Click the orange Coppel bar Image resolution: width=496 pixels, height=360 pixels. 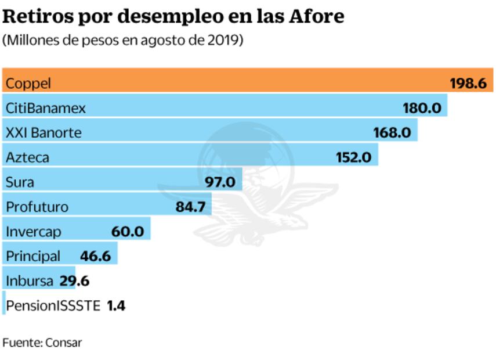coord(232,81)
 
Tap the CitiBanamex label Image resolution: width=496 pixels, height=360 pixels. coord(45,108)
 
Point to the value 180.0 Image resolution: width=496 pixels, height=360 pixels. coord(422,108)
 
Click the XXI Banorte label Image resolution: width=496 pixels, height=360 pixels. coord(44,133)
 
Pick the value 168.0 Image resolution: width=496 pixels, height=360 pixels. coord(392,133)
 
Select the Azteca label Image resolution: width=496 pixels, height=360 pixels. coord(27,157)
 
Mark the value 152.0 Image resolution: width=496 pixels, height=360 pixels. coord(353,157)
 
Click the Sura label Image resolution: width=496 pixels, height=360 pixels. coord(20,182)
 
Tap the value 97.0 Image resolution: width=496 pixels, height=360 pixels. coord(220,182)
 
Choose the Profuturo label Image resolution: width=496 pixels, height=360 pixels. coord(37,207)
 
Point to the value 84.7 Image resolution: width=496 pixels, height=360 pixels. coord(190,207)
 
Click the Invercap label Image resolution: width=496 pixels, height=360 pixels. coord(34,232)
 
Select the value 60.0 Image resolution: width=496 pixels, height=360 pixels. coord(128,232)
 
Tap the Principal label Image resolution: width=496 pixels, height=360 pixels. coord(33,256)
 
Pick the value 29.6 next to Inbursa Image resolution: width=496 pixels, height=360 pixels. coord(74,281)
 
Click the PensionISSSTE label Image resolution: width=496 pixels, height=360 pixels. coord(53,305)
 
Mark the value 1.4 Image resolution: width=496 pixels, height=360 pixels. coord(116,305)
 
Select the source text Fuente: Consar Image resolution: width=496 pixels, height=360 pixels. coord(42,343)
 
